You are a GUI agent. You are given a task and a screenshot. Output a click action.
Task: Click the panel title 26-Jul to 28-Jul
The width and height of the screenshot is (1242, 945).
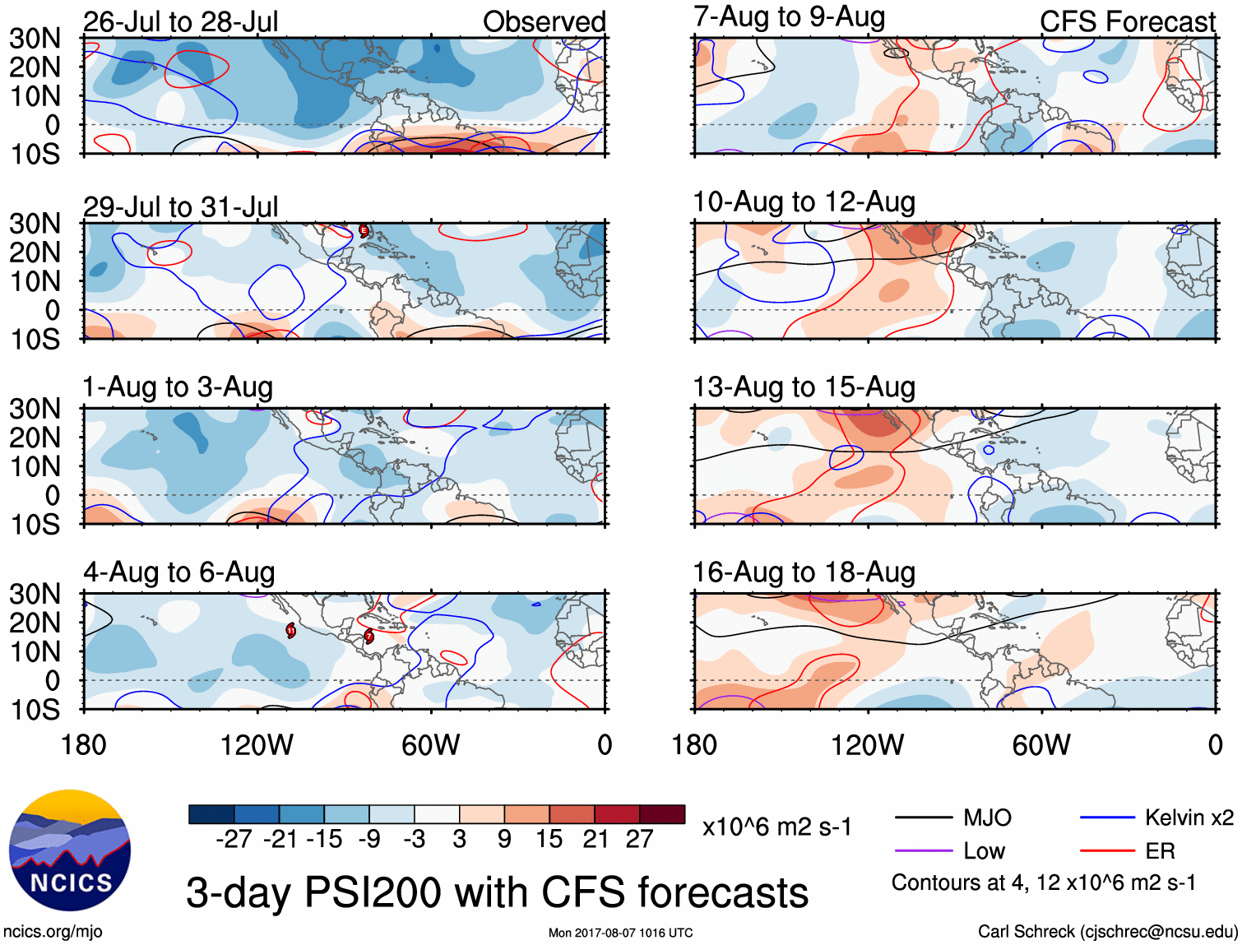tap(180, 22)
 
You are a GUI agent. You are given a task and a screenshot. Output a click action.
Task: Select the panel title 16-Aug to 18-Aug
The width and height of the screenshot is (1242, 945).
tap(804, 572)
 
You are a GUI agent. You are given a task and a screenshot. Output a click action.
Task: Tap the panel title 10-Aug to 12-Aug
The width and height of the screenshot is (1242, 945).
tap(804, 202)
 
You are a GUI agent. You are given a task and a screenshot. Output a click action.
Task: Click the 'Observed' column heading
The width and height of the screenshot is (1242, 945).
tap(544, 22)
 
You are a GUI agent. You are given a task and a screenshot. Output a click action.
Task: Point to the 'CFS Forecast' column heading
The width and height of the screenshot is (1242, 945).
tap(1127, 22)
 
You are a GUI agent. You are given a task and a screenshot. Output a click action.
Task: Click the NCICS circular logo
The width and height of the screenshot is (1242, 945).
tap(70, 850)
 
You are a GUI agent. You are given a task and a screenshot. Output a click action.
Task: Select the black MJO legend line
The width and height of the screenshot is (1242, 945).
tap(924, 818)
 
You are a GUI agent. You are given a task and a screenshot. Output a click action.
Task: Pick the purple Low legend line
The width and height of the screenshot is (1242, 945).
tap(924, 851)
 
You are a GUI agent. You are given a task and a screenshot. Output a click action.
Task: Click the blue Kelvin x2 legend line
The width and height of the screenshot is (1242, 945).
tap(1107, 818)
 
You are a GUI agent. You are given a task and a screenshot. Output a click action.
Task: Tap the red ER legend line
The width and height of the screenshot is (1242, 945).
tap(1107, 851)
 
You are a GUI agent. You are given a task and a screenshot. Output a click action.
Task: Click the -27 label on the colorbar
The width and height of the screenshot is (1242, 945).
tap(234, 840)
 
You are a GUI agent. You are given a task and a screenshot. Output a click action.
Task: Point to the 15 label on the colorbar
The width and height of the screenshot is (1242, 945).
tap(549, 840)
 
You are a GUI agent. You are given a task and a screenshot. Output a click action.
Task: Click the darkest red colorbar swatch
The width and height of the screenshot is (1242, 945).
tap(662, 814)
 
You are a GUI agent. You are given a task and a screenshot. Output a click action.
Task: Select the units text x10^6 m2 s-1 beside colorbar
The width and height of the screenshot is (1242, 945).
tap(776, 827)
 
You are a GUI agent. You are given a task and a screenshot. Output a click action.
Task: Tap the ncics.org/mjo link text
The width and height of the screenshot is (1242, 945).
tap(53, 932)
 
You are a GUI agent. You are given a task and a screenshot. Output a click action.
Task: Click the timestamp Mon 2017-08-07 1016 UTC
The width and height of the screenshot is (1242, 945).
tap(620, 933)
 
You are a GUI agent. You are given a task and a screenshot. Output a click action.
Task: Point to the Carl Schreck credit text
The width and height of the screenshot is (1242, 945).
tap(1107, 932)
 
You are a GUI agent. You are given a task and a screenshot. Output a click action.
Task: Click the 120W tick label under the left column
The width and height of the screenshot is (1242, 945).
tap(257, 745)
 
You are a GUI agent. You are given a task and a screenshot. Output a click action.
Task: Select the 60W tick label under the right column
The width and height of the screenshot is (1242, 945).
tap(1041, 745)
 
